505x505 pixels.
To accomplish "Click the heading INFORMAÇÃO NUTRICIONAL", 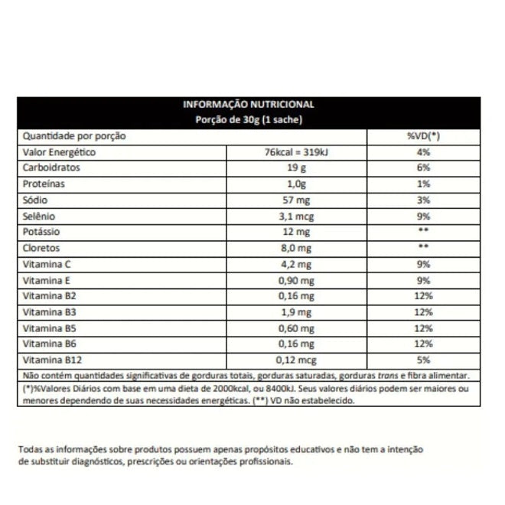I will pos(248,106).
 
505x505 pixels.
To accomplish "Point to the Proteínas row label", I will pos(44,184).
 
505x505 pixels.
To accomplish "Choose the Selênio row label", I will pos(39,217).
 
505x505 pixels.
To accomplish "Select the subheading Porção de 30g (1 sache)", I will pos(248,120).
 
